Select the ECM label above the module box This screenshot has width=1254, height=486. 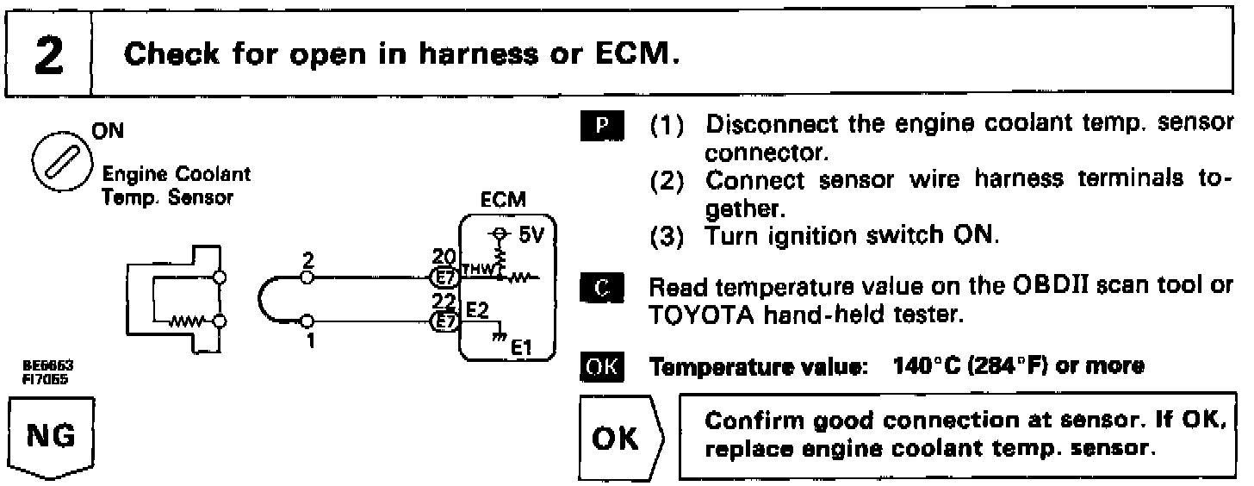(505, 200)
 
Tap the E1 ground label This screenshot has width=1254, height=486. (523, 348)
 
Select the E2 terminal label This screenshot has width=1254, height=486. (477, 309)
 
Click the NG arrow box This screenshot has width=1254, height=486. (51, 435)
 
